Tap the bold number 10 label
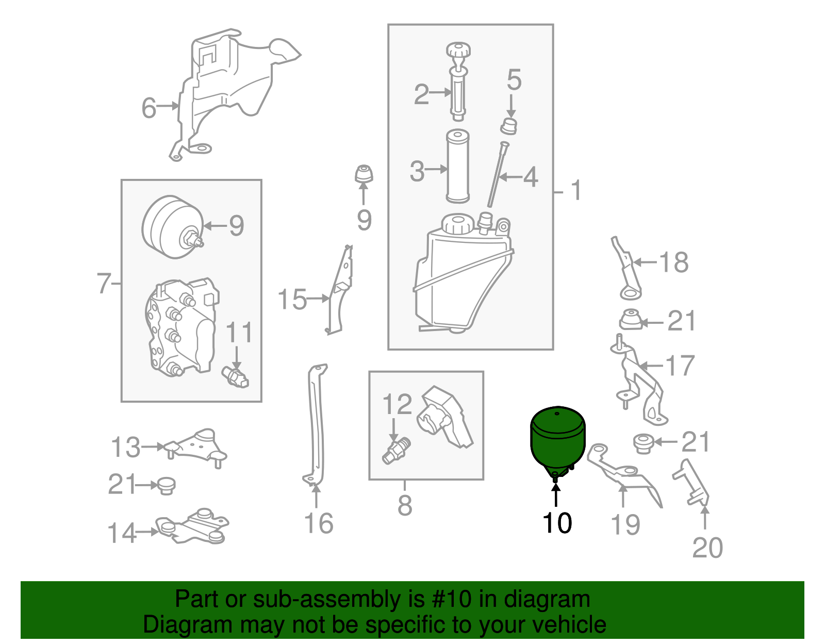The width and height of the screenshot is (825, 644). point(557,523)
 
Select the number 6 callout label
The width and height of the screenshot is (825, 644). point(148,108)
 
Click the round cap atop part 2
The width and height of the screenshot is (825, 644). point(458,51)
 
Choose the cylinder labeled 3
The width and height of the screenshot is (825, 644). point(458,166)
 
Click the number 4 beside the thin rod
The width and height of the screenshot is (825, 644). point(531,177)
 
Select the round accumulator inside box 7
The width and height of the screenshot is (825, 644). point(173,227)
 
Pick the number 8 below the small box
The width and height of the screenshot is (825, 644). point(405,505)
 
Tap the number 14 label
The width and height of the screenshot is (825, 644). point(122,533)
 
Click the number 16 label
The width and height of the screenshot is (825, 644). point(319,523)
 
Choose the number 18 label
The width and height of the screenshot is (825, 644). point(674,262)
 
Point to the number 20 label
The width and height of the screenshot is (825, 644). point(707,548)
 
